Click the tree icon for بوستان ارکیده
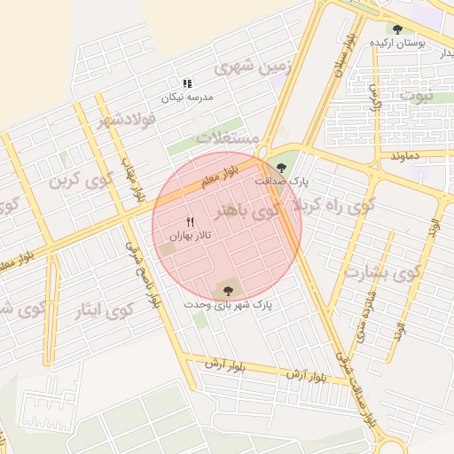point(396,28)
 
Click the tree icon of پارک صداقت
point(282,166)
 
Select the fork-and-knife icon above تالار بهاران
point(189,221)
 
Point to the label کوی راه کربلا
point(326,207)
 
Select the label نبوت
point(418,94)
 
